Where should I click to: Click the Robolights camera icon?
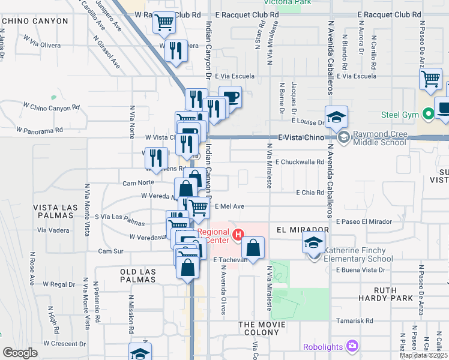pos(351,346)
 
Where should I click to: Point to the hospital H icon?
pos(240,235)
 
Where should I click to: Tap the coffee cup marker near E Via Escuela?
pos(230,97)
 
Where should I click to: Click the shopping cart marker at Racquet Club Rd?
pos(164,23)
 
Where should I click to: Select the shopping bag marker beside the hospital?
pos(253,247)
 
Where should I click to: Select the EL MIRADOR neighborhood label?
pos(303,230)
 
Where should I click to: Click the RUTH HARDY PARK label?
pos(393,293)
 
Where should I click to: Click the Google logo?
pos(19,353)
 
